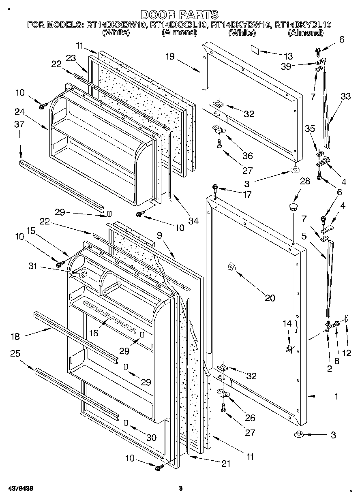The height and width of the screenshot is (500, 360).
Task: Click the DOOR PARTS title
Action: pyautogui.click(x=180, y=15)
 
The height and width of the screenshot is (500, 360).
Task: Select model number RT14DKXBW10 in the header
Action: pyautogui.click(x=116, y=25)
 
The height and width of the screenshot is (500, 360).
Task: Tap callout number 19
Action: pyautogui.click(x=169, y=57)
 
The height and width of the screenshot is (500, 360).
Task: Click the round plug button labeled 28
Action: pyautogui.click(x=293, y=208)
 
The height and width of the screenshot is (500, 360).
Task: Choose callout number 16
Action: pyautogui.click(x=94, y=333)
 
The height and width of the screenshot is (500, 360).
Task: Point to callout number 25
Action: pyautogui.click(x=15, y=354)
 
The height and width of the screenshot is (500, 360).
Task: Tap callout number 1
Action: pyautogui.click(x=336, y=397)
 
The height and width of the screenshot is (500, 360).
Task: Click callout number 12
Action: pyautogui.click(x=346, y=353)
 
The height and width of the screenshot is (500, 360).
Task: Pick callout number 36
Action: pyautogui.click(x=247, y=156)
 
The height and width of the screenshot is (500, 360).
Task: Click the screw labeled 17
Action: pyautogui.click(x=214, y=188)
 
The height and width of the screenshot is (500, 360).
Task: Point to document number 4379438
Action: pyautogui.click(x=20, y=489)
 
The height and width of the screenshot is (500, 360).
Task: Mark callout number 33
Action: pyautogui.click(x=345, y=96)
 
